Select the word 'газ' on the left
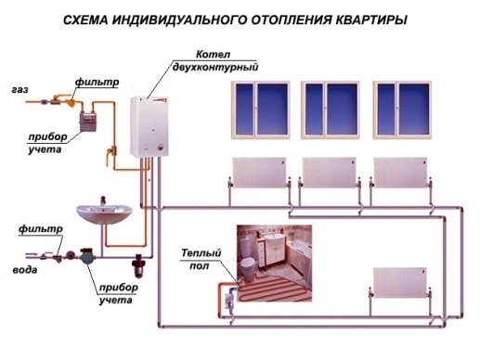(19, 90)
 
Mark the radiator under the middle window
(330, 174)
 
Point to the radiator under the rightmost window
(401, 174)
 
